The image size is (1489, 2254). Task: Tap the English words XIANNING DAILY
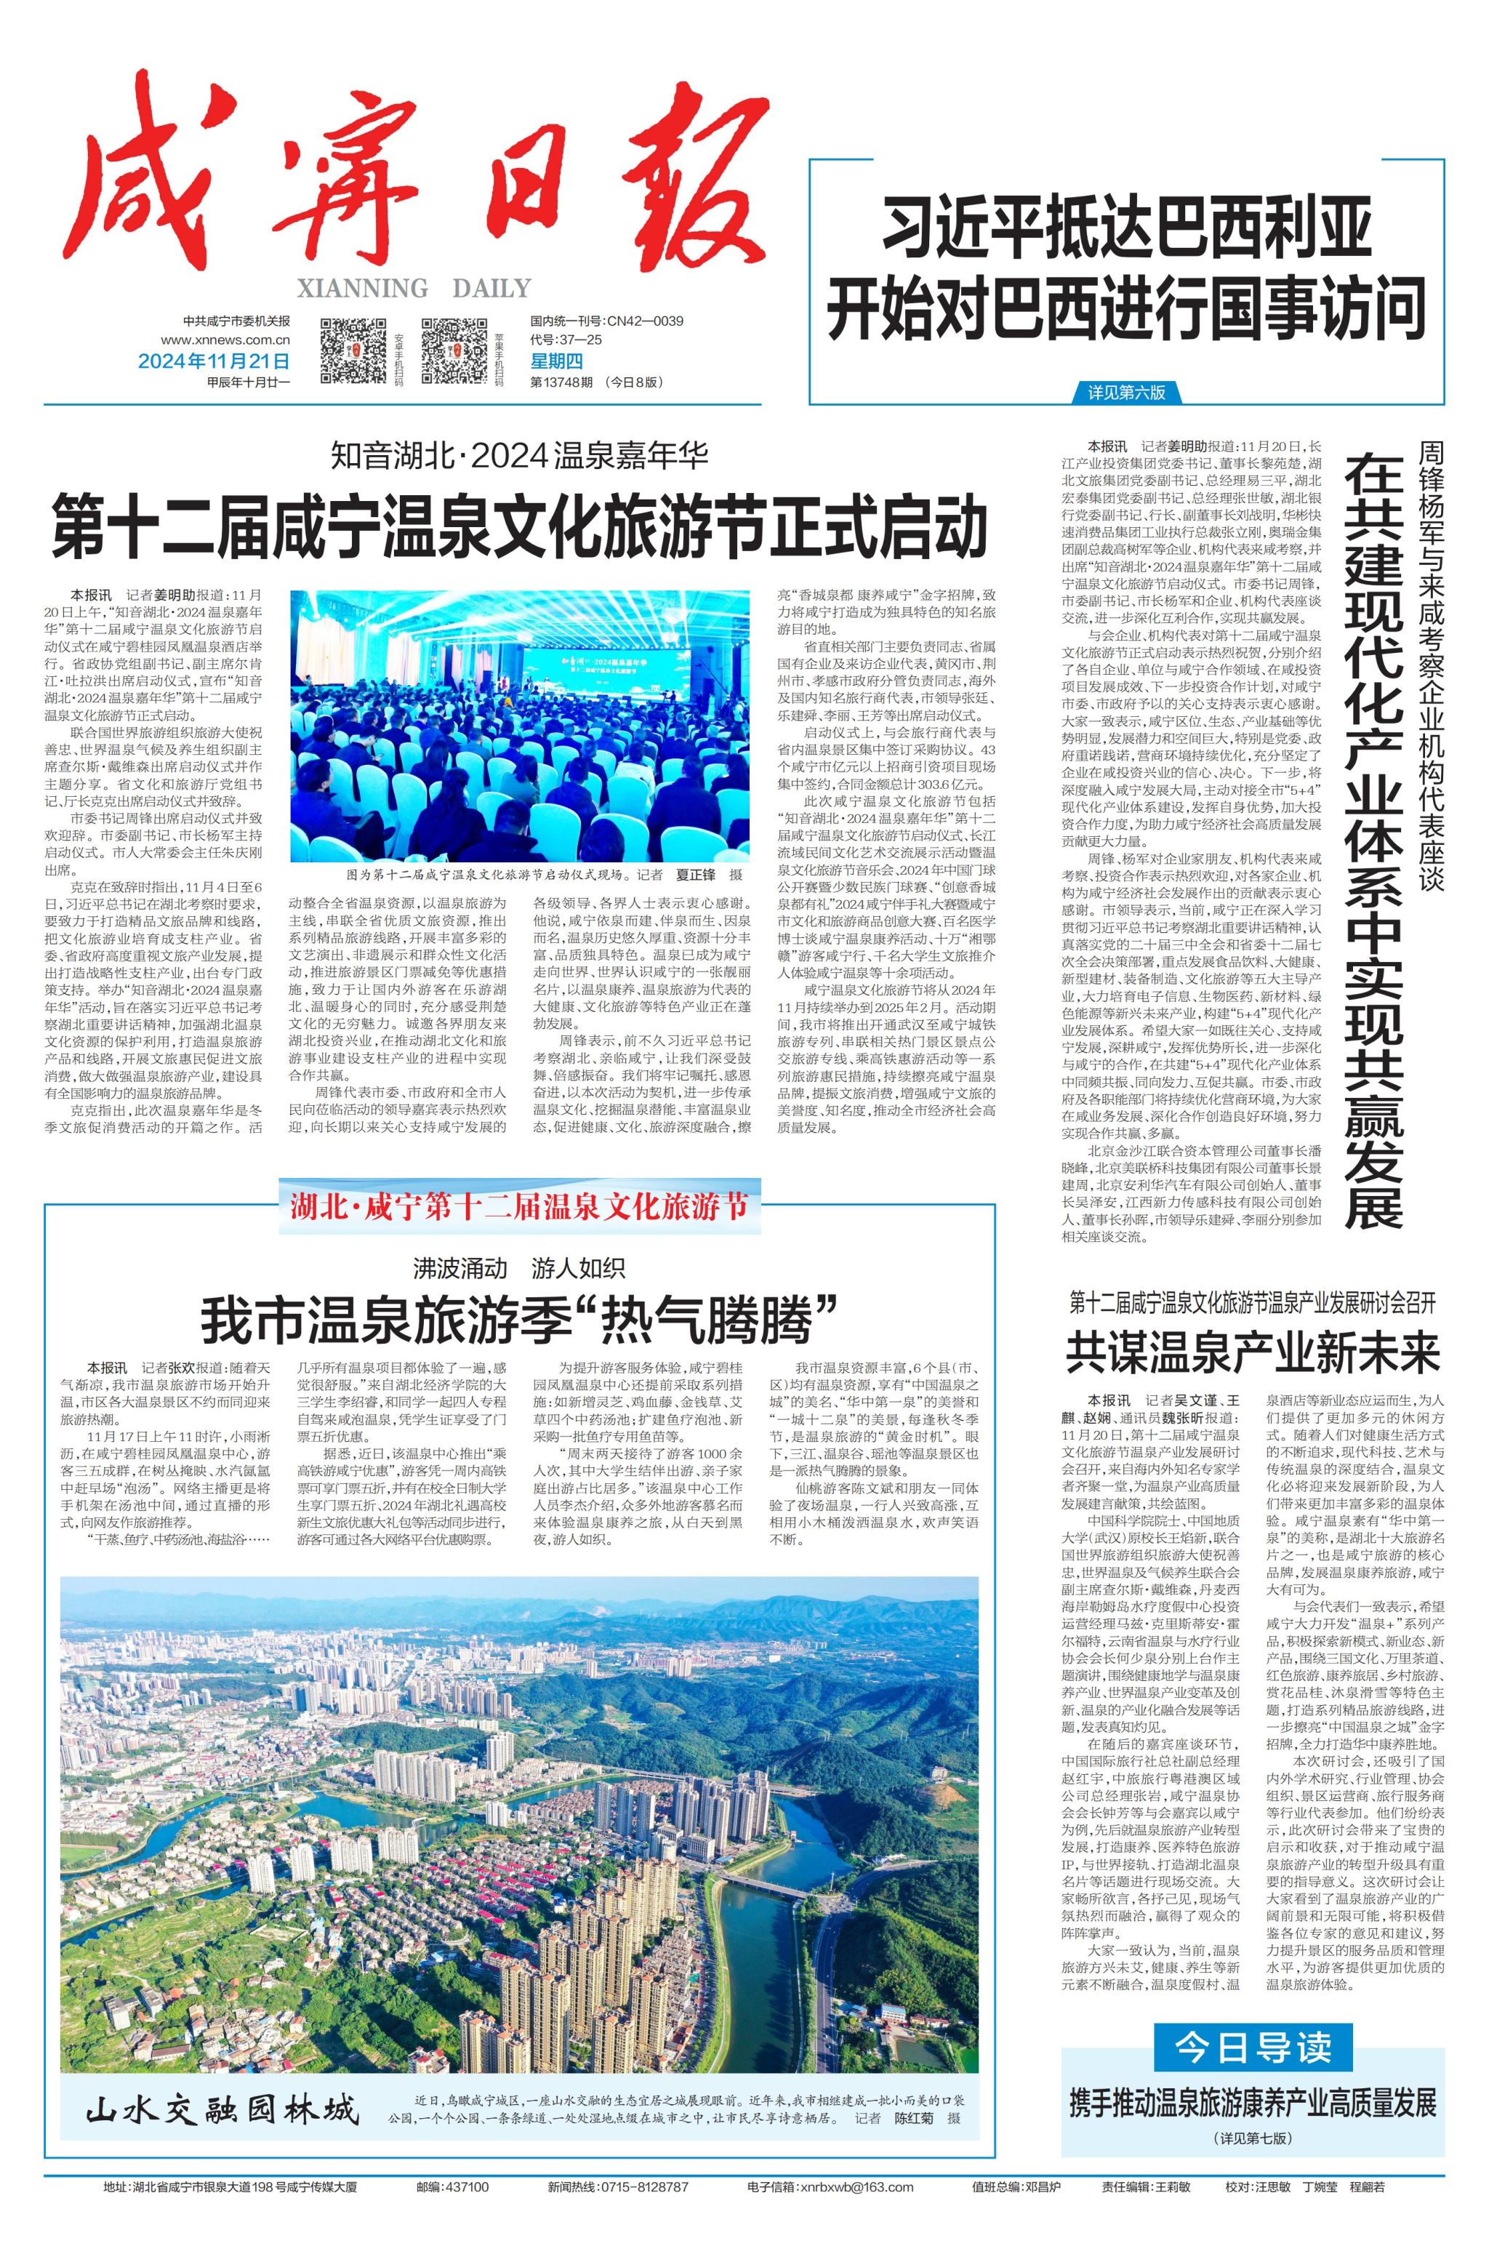pyautogui.click(x=414, y=288)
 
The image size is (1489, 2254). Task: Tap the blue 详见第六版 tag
pyautogui.click(x=1126, y=392)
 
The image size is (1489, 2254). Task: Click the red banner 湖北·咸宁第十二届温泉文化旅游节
pyautogui.click(x=519, y=1208)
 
